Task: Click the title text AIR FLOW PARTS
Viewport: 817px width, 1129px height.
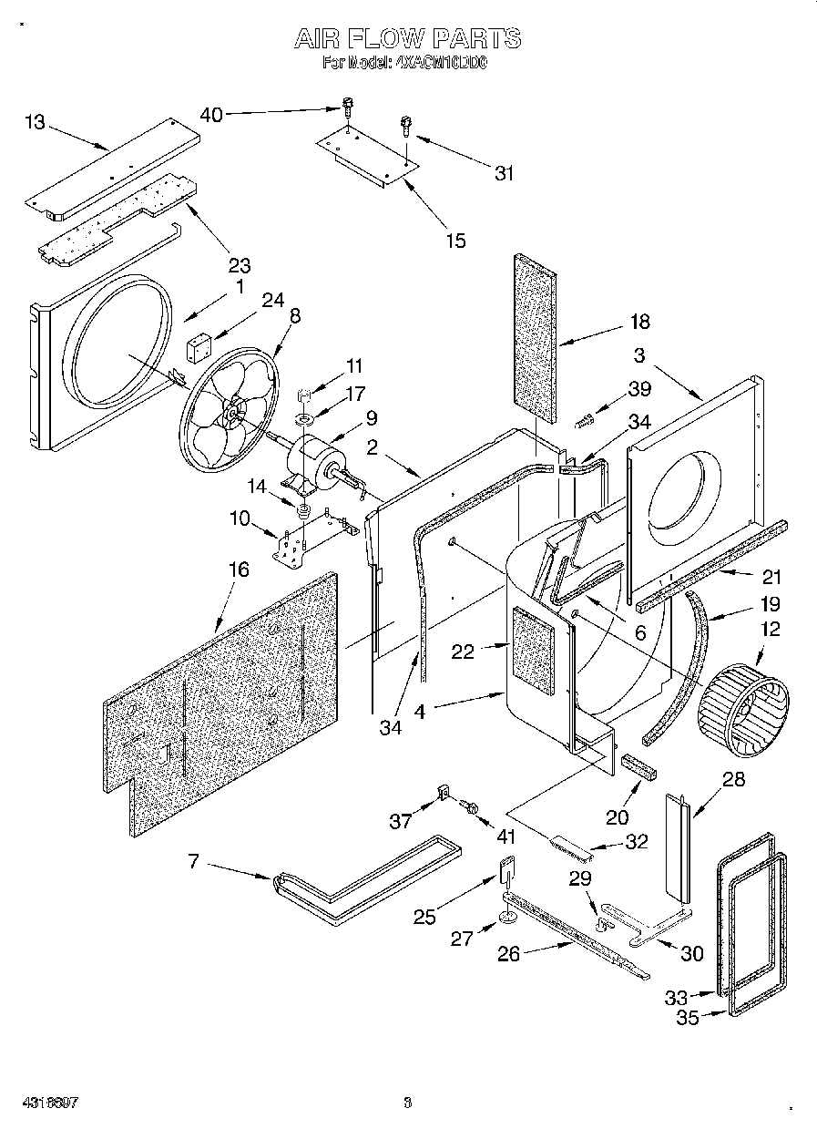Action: [x=407, y=38]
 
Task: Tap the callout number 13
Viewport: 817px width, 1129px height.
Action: [x=34, y=121]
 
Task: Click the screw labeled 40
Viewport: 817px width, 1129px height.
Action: [x=347, y=107]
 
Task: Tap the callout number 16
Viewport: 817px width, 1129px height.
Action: [x=238, y=570]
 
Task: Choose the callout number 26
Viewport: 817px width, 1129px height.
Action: [x=510, y=954]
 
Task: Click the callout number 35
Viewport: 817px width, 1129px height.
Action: [x=688, y=1018]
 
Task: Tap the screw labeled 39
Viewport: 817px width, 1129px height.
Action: [x=585, y=420]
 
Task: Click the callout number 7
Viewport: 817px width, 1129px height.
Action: [x=194, y=860]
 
